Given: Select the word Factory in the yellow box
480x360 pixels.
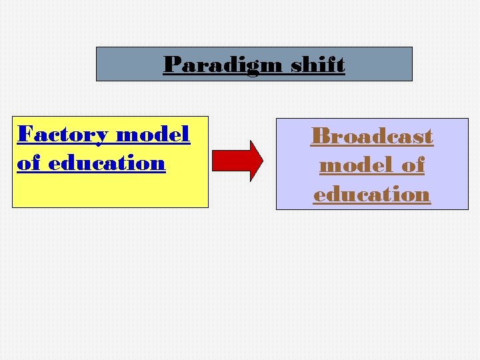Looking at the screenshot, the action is click(63, 135).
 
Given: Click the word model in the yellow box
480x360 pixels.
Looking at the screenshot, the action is click(153, 135).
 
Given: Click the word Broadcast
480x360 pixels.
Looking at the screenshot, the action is click(372, 136).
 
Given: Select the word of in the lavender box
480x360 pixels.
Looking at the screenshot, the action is click(413, 165).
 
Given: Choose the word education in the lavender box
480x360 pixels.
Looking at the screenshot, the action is click(372, 194).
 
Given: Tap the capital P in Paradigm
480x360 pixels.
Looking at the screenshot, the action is click(171, 65).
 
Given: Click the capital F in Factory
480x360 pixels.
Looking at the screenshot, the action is click(25, 135).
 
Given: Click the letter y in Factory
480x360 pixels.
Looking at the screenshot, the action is click(101, 137).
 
